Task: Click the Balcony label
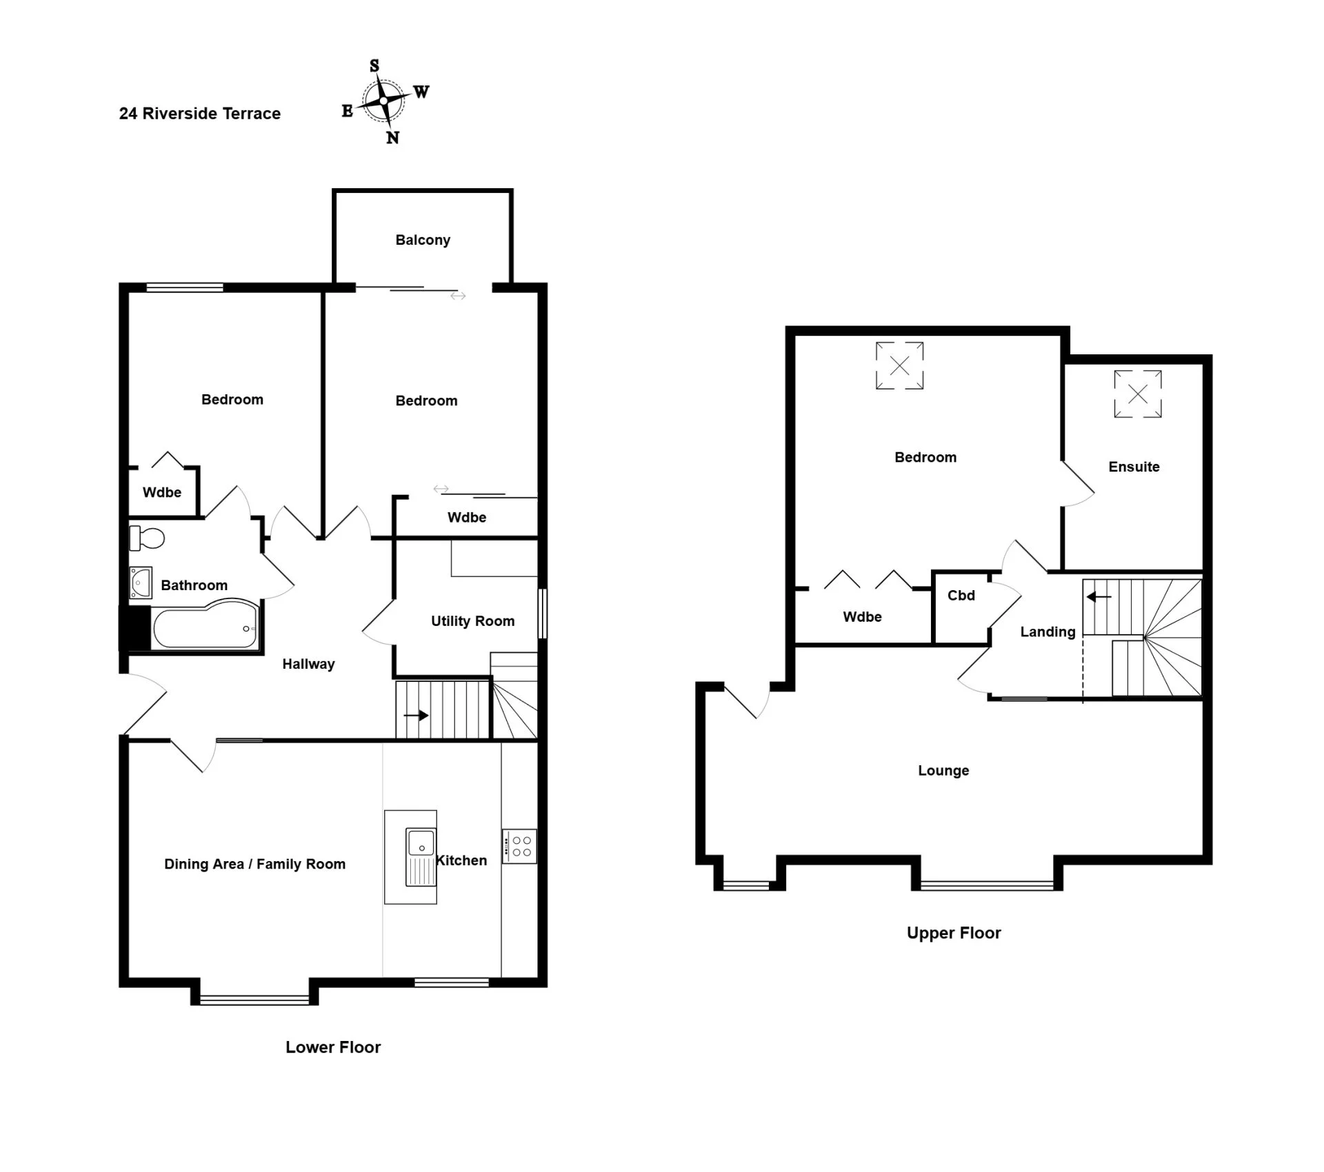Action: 423,240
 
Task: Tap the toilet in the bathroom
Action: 147,538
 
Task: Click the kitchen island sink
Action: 421,856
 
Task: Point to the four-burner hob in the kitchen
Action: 519,847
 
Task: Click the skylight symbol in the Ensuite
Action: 1138,394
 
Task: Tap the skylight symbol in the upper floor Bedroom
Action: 899,365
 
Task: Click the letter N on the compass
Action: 392,138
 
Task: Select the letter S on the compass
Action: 374,65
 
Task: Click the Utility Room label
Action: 472,621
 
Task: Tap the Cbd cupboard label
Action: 961,596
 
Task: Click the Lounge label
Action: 943,771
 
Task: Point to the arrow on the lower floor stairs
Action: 416,716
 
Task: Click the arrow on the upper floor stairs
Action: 1099,597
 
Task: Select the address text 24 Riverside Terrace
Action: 200,114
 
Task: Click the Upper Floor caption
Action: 954,933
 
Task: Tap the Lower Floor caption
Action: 333,1047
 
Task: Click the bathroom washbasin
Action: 141,583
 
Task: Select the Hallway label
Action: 308,664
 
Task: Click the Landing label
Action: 1047,632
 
